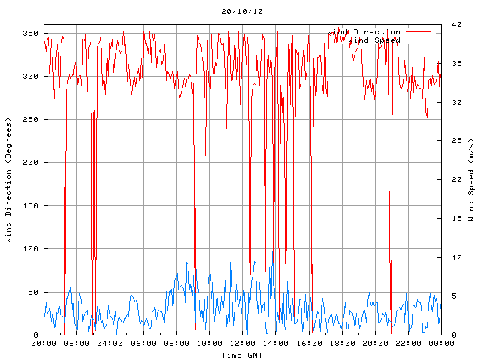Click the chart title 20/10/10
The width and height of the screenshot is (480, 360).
242,12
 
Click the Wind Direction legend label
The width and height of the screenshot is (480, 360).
364,32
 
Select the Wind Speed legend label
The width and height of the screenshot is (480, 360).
374,40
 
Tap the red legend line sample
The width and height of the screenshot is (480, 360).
419,32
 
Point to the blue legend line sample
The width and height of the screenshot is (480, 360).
419,40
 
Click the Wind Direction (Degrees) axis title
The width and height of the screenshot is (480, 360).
9,180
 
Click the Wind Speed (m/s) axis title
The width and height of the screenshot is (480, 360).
470,180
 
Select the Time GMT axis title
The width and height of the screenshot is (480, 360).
242,355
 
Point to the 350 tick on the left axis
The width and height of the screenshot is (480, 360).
29,33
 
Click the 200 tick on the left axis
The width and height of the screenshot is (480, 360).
29,162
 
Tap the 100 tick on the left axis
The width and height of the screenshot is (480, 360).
29,248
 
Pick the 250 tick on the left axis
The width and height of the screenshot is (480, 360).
29,119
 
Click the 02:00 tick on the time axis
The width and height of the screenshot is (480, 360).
77,343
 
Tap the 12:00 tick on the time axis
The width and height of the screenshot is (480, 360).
242,343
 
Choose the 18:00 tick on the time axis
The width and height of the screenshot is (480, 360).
342,343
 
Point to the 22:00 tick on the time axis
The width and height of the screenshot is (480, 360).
408,343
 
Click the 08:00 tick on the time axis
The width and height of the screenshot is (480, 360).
176,343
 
